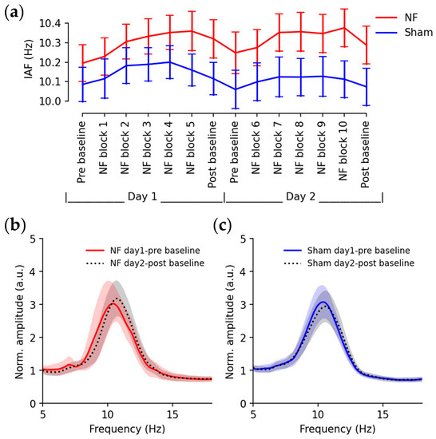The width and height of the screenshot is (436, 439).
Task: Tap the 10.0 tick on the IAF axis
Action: (x=46, y=101)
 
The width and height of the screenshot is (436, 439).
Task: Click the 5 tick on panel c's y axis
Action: (x=245, y=238)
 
